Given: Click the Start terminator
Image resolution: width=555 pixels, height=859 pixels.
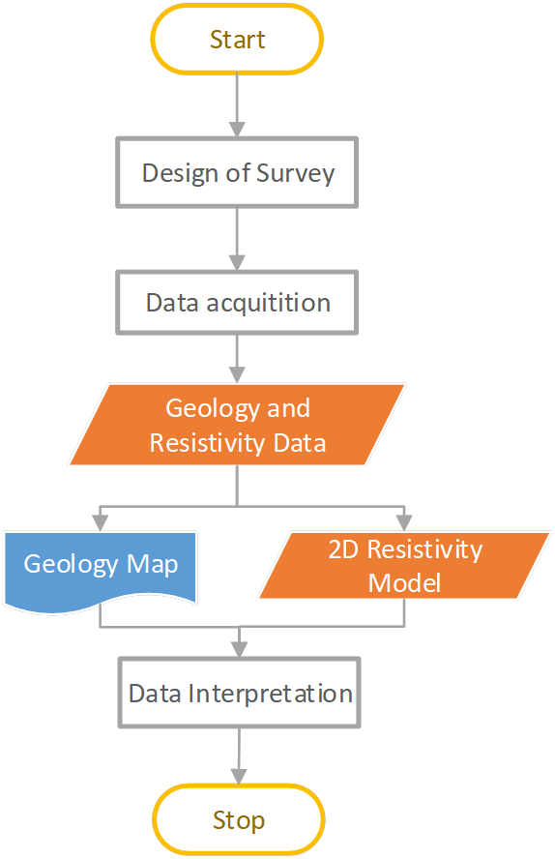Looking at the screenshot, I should click(237, 40).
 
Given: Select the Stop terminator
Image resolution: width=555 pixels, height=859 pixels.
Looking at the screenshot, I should click(239, 820).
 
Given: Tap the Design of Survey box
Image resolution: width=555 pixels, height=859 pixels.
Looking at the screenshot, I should click(238, 173).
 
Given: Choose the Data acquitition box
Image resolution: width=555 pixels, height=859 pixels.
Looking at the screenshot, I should click(238, 302).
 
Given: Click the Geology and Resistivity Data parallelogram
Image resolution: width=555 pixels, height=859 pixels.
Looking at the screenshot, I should click(238, 426).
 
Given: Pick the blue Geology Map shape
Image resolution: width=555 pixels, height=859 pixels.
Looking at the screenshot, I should click(101, 566).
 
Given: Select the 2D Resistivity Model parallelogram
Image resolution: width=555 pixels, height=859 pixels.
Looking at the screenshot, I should click(404, 566).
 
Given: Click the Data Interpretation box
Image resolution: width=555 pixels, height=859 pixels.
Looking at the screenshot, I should click(240, 693).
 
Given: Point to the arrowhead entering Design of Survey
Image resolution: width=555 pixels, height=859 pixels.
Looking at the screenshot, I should click(237, 129).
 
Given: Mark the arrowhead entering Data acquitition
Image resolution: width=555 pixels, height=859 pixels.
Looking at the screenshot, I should click(237, 261).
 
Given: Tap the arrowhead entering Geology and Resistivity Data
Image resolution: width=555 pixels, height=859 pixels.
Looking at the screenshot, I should click(237, 374).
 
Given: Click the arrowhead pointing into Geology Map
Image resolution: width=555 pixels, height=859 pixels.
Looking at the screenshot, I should click(101, 523).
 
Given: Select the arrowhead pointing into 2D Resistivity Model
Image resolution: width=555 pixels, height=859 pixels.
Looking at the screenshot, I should click(404, 523).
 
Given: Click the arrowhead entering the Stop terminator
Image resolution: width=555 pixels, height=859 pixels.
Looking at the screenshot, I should click(239, 776).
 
